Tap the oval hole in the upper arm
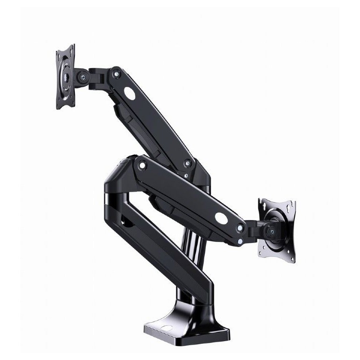coord(130,95)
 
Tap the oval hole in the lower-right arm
coord(221,218)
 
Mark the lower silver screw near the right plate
coord(240,242)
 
